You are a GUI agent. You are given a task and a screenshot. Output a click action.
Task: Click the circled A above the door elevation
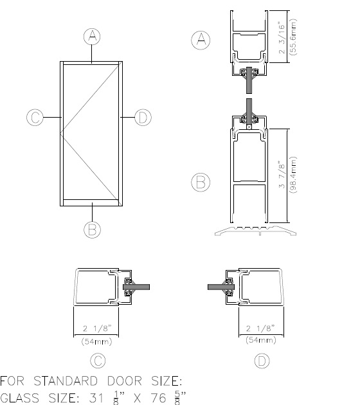[92, 36]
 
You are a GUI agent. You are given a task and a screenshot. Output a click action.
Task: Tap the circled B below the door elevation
[92, 230]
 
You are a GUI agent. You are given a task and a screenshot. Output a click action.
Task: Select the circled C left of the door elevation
[35, 117]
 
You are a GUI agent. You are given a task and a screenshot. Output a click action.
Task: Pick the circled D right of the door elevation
[143, 117]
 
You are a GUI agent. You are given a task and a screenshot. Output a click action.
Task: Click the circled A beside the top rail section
[201, 40]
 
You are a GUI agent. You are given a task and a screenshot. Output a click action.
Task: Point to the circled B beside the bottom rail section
[201, 182]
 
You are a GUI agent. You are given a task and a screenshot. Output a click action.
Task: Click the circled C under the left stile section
[98, 361]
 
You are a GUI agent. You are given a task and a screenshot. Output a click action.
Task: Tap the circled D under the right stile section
[262, 361]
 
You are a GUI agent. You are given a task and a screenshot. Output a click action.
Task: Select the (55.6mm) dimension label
[293, 37]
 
